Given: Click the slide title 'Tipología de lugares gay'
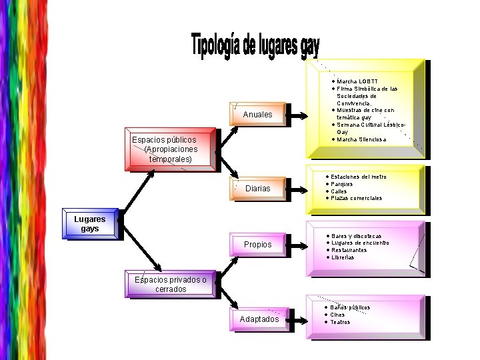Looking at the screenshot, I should pos(255,45).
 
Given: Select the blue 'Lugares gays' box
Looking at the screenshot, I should pos(91,224).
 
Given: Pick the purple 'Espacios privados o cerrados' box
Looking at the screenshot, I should pos(171,284).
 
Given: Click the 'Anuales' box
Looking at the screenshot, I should pos(258,115).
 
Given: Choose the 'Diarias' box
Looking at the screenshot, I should pos(258,189).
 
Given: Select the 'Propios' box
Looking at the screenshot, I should pos(258,245).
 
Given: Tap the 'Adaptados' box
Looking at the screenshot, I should pos(259,319).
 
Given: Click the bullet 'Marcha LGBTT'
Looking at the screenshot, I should pos(357,81).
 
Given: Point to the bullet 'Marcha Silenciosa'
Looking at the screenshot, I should pos(361,139).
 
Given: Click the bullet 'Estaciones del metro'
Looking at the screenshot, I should pos(359,177).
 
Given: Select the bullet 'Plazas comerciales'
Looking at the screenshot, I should pos(357,198).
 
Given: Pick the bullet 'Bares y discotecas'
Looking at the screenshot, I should pos(356,236).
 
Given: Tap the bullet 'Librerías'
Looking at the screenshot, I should pos(343,257).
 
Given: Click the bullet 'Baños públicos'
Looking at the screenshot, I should pos(350,307).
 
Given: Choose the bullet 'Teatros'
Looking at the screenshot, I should pos(340,322).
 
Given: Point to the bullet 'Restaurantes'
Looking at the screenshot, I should pos(349,250).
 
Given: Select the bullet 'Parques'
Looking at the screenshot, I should pos(342,184).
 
